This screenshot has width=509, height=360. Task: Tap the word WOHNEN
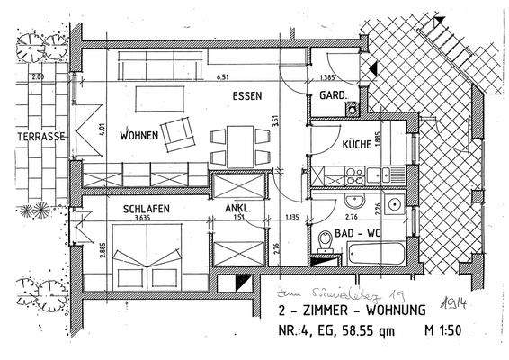138,136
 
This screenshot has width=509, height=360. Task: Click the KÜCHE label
358,145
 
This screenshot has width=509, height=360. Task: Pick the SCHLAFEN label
144,207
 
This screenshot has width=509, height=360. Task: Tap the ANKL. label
237,207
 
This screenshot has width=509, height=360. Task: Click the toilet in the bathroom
326,241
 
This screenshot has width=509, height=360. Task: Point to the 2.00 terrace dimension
38,77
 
